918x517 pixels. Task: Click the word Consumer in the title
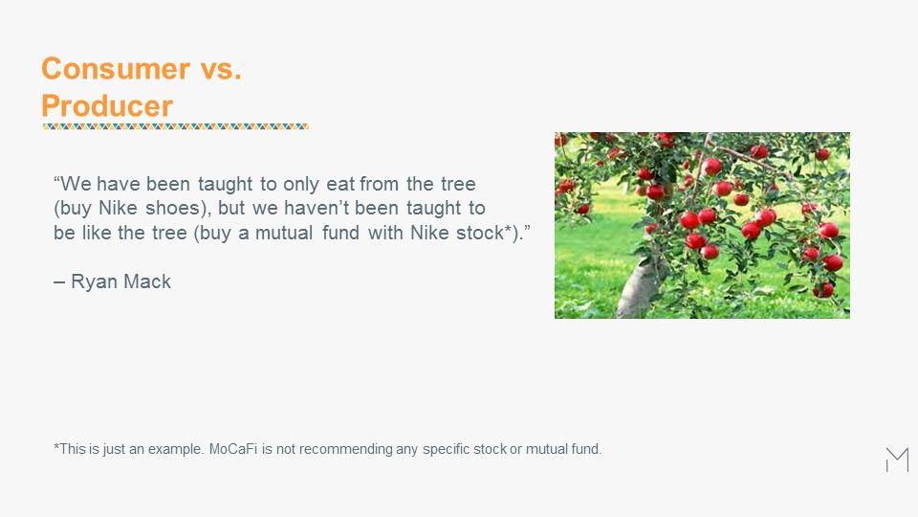click(116, 69)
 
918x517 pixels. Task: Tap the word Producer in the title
click(107, 106)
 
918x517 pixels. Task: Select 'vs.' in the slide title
click(221, 69)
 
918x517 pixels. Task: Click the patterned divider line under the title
click(176, 126)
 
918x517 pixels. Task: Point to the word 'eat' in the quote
click(340, 184)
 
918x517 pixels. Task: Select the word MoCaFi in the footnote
click(233, 449)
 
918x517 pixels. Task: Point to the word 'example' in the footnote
click(176, 450)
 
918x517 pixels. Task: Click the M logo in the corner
click(898, 460)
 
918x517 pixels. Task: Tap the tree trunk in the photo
click(641, 290)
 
